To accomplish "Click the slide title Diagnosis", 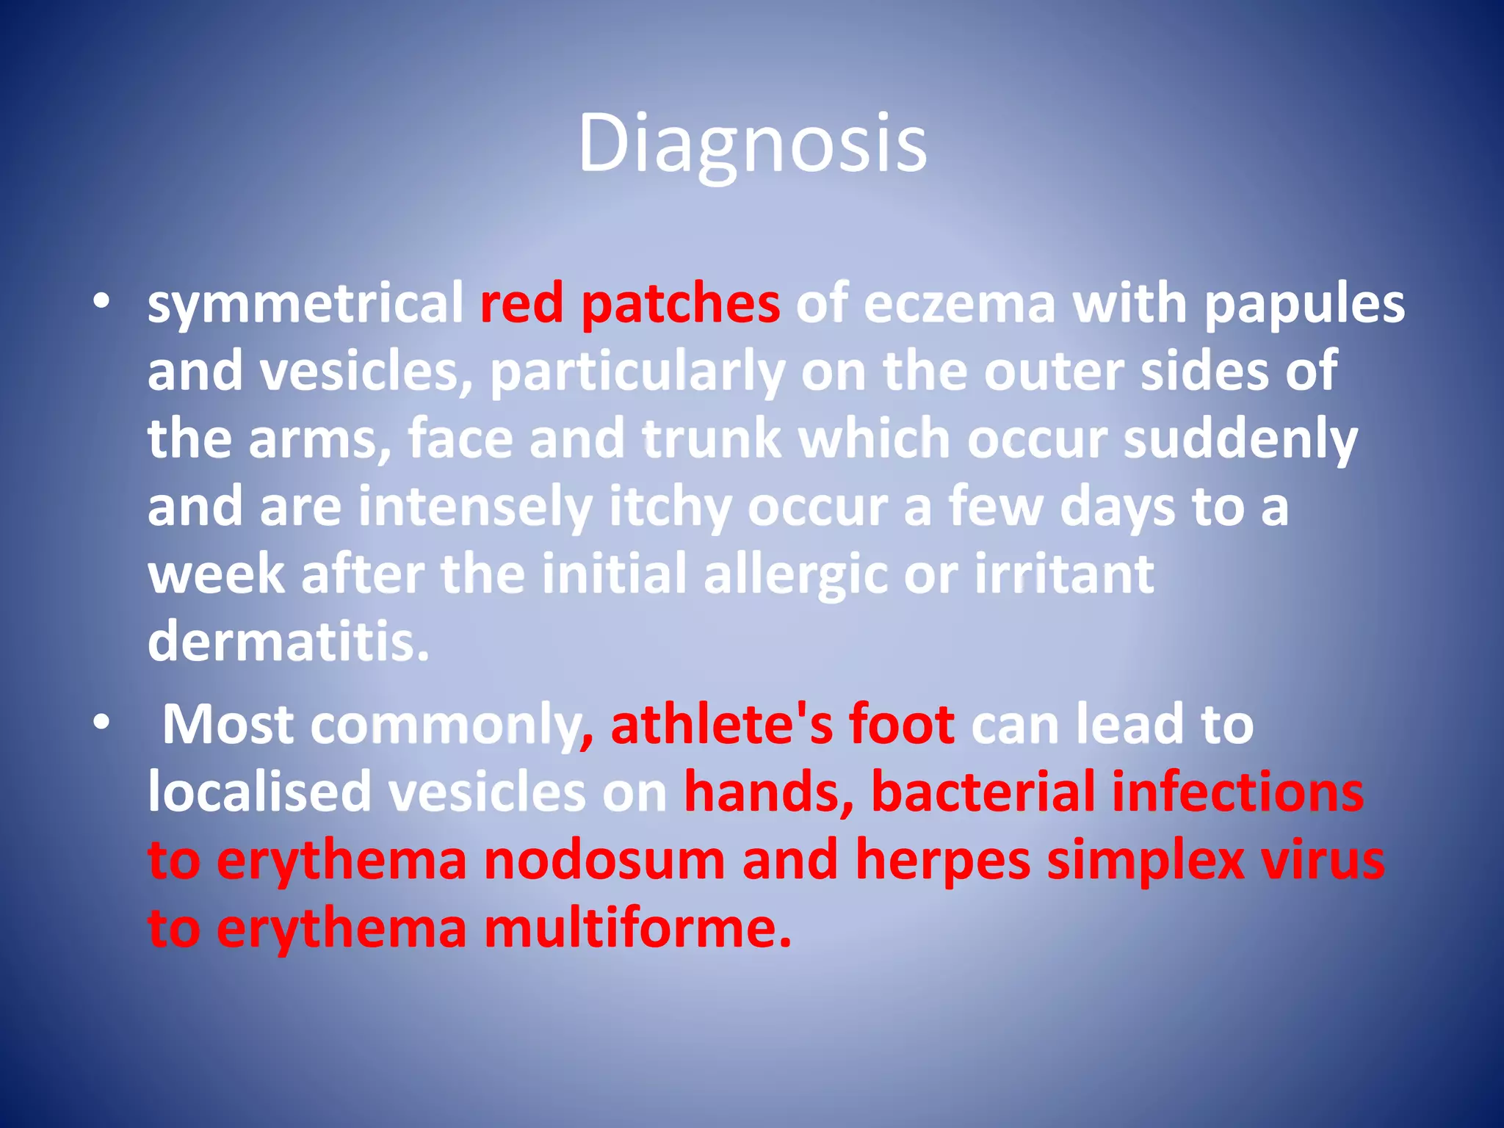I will click(x=752, y=144).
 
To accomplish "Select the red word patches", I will click(x=680, y=304).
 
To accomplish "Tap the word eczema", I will click(x=959, y=304).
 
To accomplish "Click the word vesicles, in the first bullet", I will click(x=366, y=372).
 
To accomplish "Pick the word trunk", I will click(x=712, y=439).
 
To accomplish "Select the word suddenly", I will click(x=1240, y=439).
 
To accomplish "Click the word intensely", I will click(x=474, y=507).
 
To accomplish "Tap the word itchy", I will click(x=670, y=507).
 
